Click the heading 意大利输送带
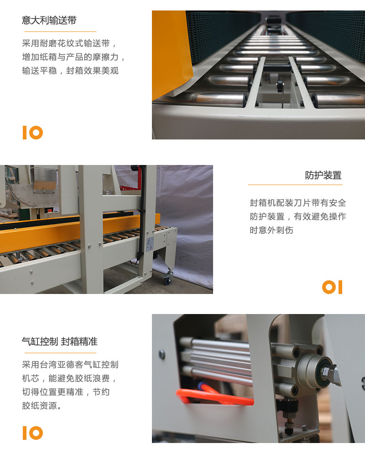tap(49, 21)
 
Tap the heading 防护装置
tap(323, 175)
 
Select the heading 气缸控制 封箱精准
tap(60, 341)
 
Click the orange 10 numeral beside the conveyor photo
tap(33, 133)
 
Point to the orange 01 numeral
tap(332, 287)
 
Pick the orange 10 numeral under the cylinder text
tap(33, 433)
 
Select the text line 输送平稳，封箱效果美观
tap(70, 71)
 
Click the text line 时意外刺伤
tap(271, 230)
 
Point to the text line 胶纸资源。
tap(42, 406)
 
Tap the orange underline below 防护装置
tap(295, 185)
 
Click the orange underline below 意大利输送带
tap(60, 31)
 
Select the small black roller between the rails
tap(280, 86)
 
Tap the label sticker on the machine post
tap(150, 244)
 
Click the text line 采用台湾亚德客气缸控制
tap(70, 365)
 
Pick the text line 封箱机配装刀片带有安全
tap(298, 203)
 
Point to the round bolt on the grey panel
tap(162, 355)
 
